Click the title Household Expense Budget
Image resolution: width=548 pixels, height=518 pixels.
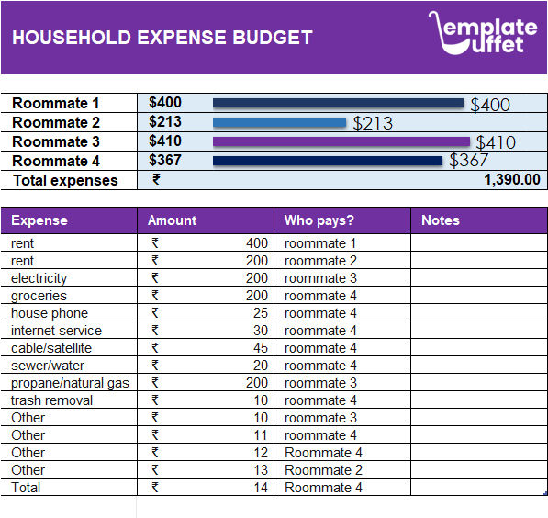click(162, 38)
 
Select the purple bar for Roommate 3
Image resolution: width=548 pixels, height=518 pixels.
click(341, 141)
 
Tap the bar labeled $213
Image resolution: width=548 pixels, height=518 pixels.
click(279, 122)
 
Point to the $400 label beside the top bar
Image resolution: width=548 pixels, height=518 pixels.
click(490, 105)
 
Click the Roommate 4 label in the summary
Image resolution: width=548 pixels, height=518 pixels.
click(56, 161)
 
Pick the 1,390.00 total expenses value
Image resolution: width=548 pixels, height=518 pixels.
click(511, 180)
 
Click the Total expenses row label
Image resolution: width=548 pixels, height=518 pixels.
click(65, 180)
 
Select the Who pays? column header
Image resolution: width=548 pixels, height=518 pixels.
click(319, 220)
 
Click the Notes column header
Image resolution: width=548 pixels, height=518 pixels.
click(441, 220)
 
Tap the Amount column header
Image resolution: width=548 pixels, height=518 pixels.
click(173, 220)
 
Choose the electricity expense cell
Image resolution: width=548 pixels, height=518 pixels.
click(39, 278)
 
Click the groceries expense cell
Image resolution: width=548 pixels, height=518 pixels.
click(39, 296)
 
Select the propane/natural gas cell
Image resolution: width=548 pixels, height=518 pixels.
click(71, 383)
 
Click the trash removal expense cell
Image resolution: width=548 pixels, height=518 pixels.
click(51, 400)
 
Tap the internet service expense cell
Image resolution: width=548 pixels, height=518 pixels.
click(56, 331)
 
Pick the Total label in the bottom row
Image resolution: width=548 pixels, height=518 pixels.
click(26, 488)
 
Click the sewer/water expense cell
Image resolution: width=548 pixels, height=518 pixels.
click(48, 366)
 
